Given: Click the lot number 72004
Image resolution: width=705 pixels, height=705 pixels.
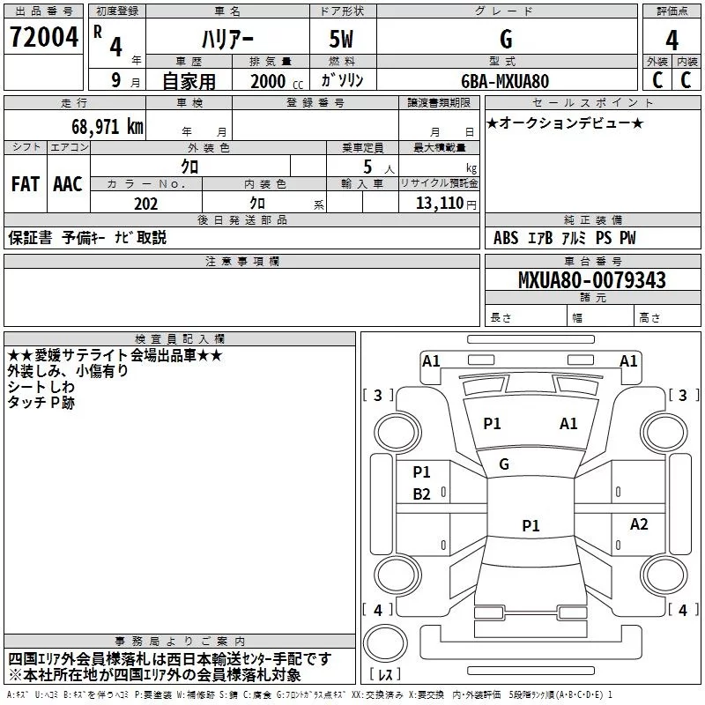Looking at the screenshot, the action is click(x=43, y=37).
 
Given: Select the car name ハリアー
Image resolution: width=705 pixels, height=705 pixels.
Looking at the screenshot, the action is click(x=227, y=40).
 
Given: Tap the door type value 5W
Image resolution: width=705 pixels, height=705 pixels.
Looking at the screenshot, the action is click(x=341, y=39).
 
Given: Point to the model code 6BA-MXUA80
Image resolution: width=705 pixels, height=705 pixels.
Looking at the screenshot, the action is click(x=505, y=81).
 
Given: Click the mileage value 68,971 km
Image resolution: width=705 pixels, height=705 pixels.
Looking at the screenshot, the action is click(x=108, y=126).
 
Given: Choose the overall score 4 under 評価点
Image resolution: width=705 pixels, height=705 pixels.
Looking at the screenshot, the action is click(x=672, y=40).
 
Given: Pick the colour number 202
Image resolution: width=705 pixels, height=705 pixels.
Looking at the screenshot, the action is click(x=145, y=204).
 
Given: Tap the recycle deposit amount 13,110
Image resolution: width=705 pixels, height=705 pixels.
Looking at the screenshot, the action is click(x=440, y=204).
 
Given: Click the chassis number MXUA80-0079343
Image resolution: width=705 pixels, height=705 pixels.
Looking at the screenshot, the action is click(x=591, y=280).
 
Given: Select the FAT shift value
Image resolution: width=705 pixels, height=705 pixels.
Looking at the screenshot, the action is click(x=26, y=184).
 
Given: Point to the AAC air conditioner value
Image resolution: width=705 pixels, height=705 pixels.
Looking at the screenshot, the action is click(x=68, y=184).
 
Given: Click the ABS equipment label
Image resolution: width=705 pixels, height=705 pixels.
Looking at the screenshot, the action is click(x=506, y=238).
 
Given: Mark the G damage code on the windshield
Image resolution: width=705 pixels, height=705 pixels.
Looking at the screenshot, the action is click(x=504, y=464).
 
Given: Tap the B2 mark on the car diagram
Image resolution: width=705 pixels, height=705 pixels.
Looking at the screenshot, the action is click(x=422, y=494).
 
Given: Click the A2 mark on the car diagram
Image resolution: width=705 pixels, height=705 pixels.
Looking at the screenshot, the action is click(x=639, y=523).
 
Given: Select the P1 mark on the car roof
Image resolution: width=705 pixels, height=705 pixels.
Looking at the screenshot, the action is click(x=531, y=525).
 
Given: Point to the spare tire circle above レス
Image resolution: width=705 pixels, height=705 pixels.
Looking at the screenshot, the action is click(x=385, y=643).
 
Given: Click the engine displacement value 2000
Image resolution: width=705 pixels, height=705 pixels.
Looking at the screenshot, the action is click(x=268, y=81).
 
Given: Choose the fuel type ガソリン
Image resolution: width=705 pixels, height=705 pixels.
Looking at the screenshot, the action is click(x=342, y=80).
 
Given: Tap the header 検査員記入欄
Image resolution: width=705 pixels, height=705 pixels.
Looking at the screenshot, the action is click(x=180, y=339).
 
